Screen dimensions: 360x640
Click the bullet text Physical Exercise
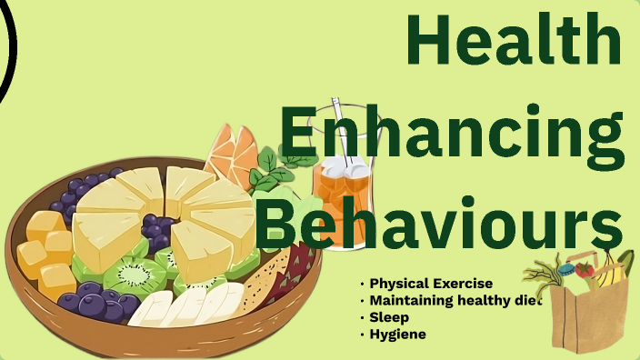click(431, 284)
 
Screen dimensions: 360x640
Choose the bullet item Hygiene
click(397, 335)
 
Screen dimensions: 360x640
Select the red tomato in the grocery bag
click(585, 270)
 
